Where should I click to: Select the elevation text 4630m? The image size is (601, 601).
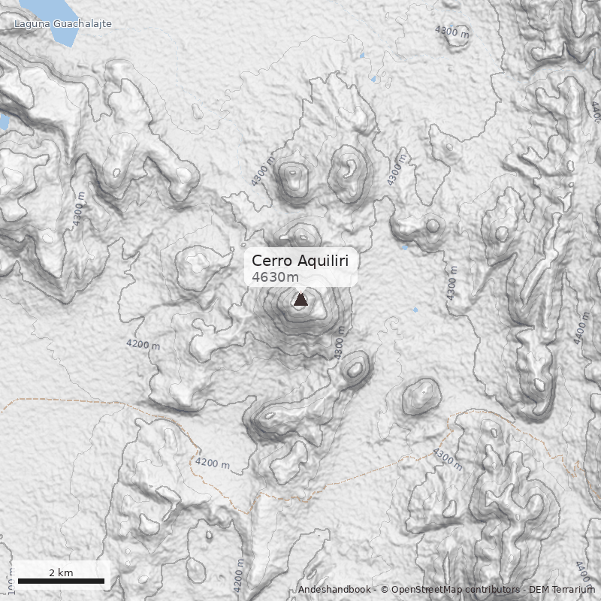pyautogui.click(x=275, y=277)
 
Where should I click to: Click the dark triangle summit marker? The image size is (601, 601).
pyautogui.click(x=300, y=300)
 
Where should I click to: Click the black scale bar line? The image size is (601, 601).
pyautogui.click(x=60, y=581)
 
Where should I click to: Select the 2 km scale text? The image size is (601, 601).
pyautogui.click(x=61, y=572)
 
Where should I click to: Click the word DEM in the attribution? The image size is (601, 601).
pyautogui.click(x=539, y=590)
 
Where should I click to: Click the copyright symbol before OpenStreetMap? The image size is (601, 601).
pyautogui.click(x=385, y=590)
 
